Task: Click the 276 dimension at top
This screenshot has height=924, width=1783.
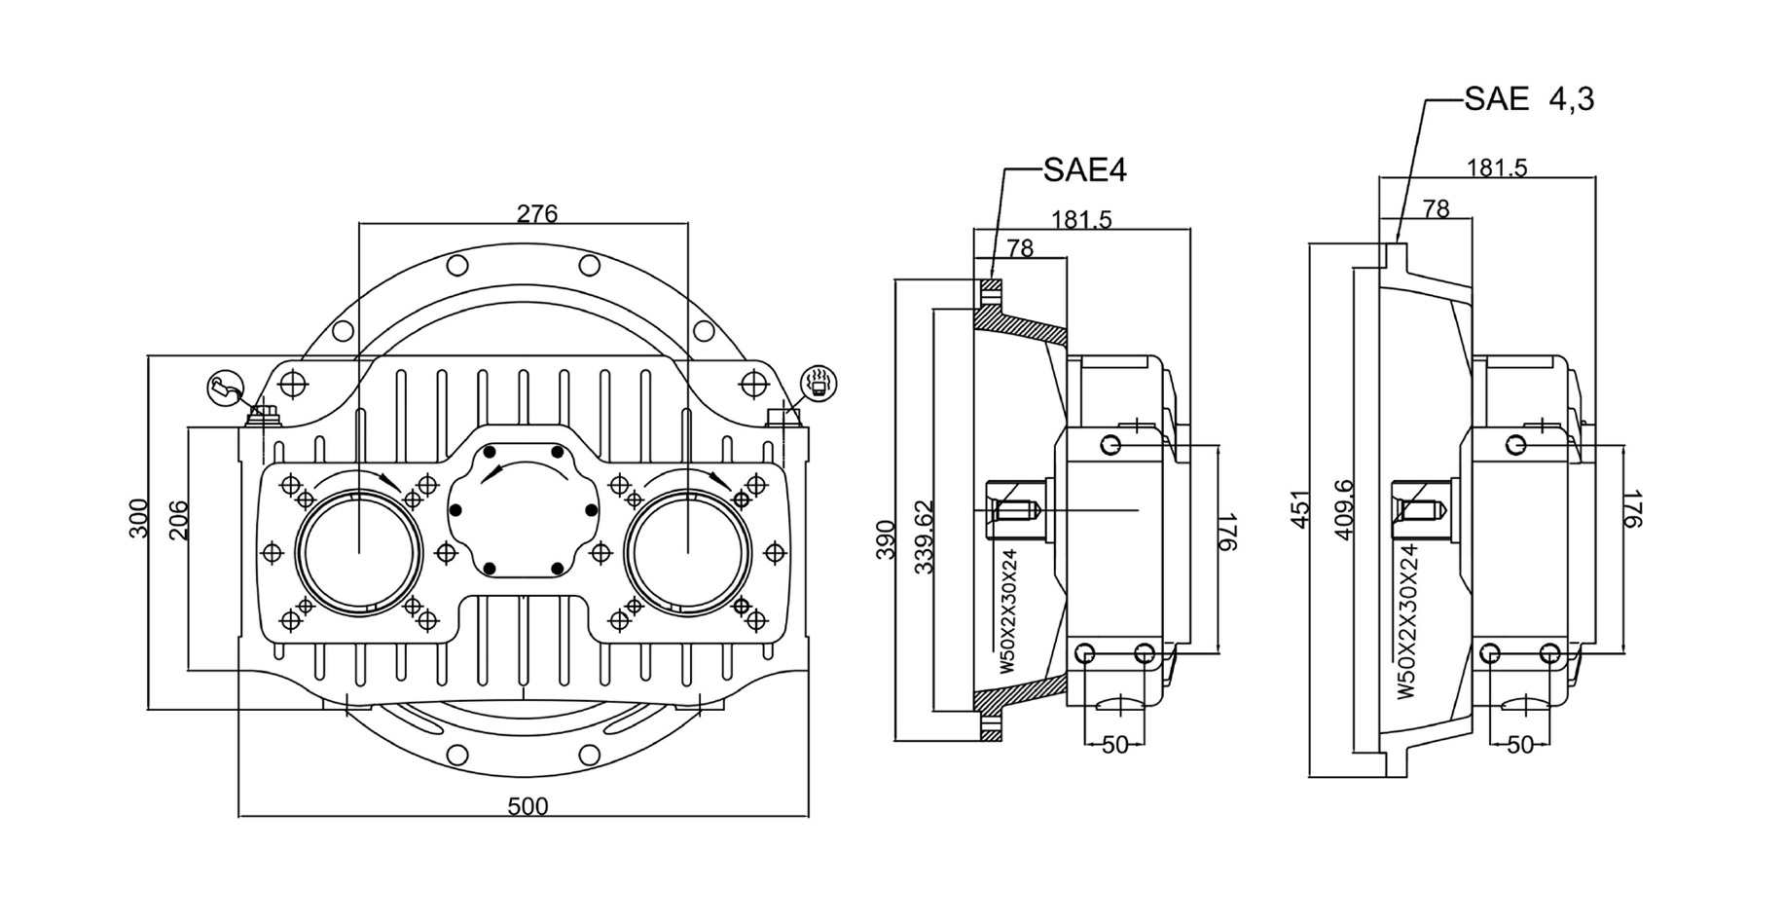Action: click(536, 213)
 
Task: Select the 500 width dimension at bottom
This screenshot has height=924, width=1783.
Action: click(528, 806)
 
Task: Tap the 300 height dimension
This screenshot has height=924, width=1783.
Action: click(139, 518)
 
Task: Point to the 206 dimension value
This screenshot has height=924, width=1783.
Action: click(178, 520)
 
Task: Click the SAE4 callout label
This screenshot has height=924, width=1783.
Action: click(1084, 170)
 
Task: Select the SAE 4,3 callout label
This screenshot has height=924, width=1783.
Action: click(1528, 99)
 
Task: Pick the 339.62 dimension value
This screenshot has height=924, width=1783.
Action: click(924, 536)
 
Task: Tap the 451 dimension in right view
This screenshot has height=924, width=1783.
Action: click(1301, 509)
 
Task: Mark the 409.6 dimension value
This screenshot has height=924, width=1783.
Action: click(1344, 508)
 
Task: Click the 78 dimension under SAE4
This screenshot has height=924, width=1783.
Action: click(1019, 248)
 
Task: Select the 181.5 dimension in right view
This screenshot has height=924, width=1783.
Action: click(1496, 168)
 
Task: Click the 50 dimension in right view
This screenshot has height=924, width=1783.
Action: click(1519, 745)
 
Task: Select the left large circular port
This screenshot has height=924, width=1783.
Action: click(359, 551)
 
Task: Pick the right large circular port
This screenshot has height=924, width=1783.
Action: click(687, 551)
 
